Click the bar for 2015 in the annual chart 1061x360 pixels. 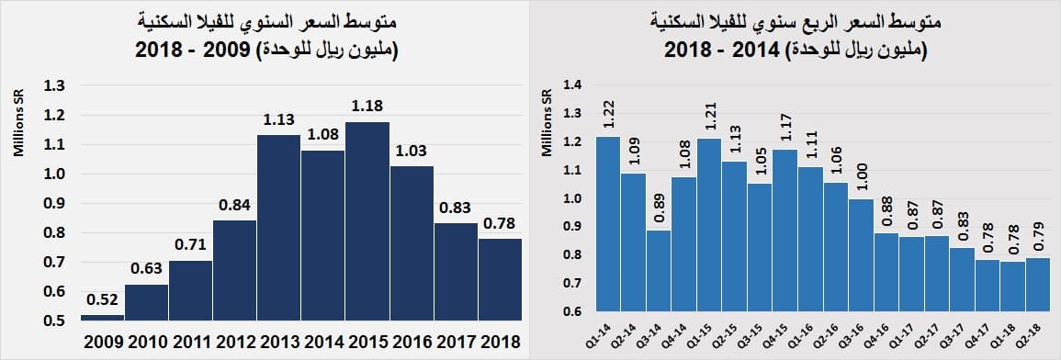(x=367, y=220)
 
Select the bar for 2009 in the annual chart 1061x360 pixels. (x=103, y=317)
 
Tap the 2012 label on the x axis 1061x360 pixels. (x=235, y=343)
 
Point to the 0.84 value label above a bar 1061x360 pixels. (x=235, y=205)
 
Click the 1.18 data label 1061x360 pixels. (x=367, y=106)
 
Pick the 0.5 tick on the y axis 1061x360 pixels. (x=54, y=321)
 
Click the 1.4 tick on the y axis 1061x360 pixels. (x=573, y=85)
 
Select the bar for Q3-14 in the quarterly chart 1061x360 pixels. (x=657, y=270)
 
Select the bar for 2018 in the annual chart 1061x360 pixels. (x=500, y=279)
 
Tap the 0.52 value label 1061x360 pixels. (x=103, y=299)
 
